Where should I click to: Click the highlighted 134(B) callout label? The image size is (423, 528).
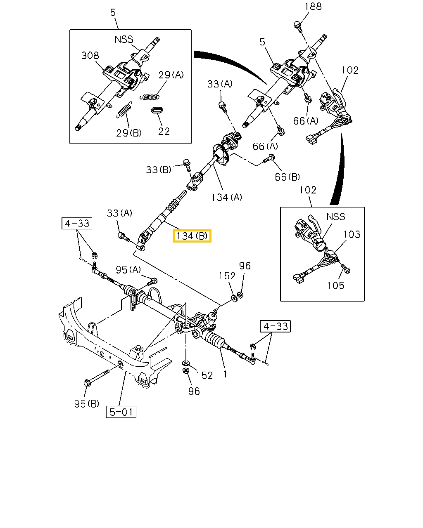click(x=192, y=236)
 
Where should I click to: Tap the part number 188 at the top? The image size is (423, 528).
click(x=313, y=7)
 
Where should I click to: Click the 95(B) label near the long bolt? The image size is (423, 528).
click(x=87, y=403)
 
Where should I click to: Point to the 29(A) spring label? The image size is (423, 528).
click(x=171, y=75)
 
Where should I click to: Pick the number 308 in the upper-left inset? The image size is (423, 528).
click(x=90, y=55)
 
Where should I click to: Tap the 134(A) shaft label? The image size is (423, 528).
click(x=226, y=197)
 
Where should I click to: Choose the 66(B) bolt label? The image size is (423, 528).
click(x=288, y=177)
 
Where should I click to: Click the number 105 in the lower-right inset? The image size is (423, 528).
click(x=335, y=285)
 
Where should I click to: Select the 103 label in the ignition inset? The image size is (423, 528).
click(x=352, y=234)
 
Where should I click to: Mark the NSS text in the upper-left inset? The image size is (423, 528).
click(x=124, y=40)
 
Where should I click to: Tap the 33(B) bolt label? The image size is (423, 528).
click(x=159, y=169)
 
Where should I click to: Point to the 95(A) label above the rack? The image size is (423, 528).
click(x=128, y=270)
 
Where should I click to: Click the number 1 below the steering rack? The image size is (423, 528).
click(x=226, y=374)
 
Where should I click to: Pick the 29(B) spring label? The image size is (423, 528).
click(x=129, y=132)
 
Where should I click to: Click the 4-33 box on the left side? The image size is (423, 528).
click(x=77, y=223)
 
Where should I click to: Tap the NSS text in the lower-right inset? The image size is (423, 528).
click(x=335, y=217)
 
